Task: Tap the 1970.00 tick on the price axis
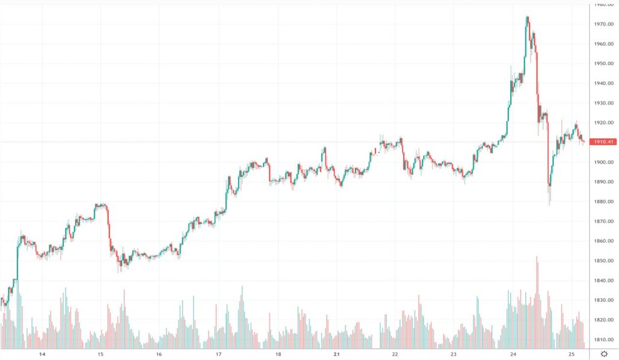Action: coord(604,24)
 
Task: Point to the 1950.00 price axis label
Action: coord(604,63)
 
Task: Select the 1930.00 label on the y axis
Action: coord(604,103)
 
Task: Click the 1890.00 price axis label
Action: coord(604,182)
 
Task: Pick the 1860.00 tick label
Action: coord(604,241)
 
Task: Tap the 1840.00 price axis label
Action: coord(604,280)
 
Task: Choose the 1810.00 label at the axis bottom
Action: coord(604,339)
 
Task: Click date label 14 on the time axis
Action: coord(42,355)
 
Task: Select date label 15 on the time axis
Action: coord(100,355)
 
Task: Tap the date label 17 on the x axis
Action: coord(218,355)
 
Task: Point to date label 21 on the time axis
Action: coord(336,355)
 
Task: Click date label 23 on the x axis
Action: coord(453,355)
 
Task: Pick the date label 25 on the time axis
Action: coord(571,355)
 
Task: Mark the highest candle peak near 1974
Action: coord(527,18)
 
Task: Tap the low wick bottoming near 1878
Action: coord(549,204)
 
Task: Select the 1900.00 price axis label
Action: coord(604,162)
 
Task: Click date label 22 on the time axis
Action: coord(395,355)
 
